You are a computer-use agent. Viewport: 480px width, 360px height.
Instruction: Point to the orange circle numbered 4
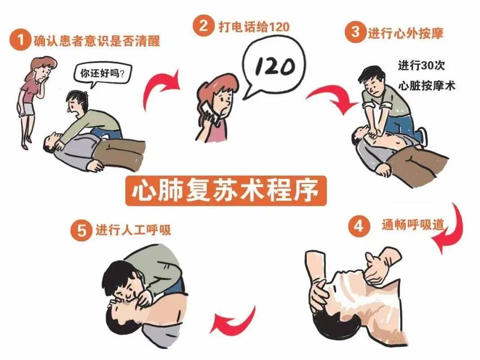click(359, 226)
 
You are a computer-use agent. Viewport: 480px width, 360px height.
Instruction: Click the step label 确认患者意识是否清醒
click(97, 41)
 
